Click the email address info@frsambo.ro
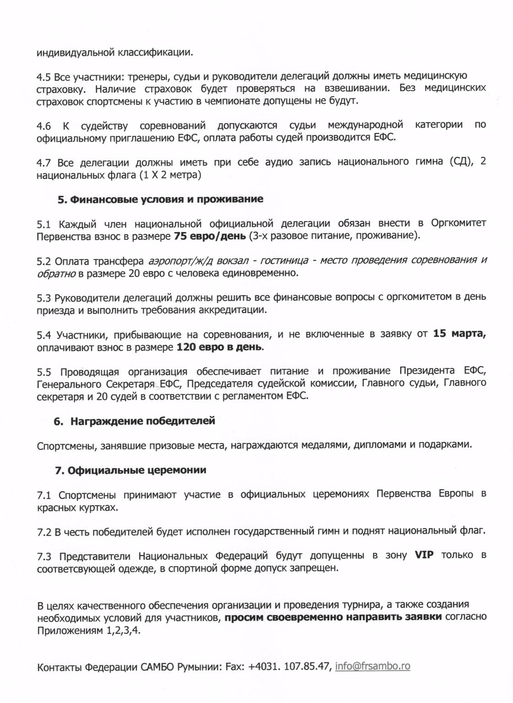click(372, 666)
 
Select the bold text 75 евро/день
click(210, 236)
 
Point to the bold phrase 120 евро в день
click(219, 347)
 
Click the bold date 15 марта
click(459, 334)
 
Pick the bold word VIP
click(424, 555)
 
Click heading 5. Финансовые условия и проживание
click(160, 199)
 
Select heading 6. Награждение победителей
click(134, 421)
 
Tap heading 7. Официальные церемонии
click(131, 470)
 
